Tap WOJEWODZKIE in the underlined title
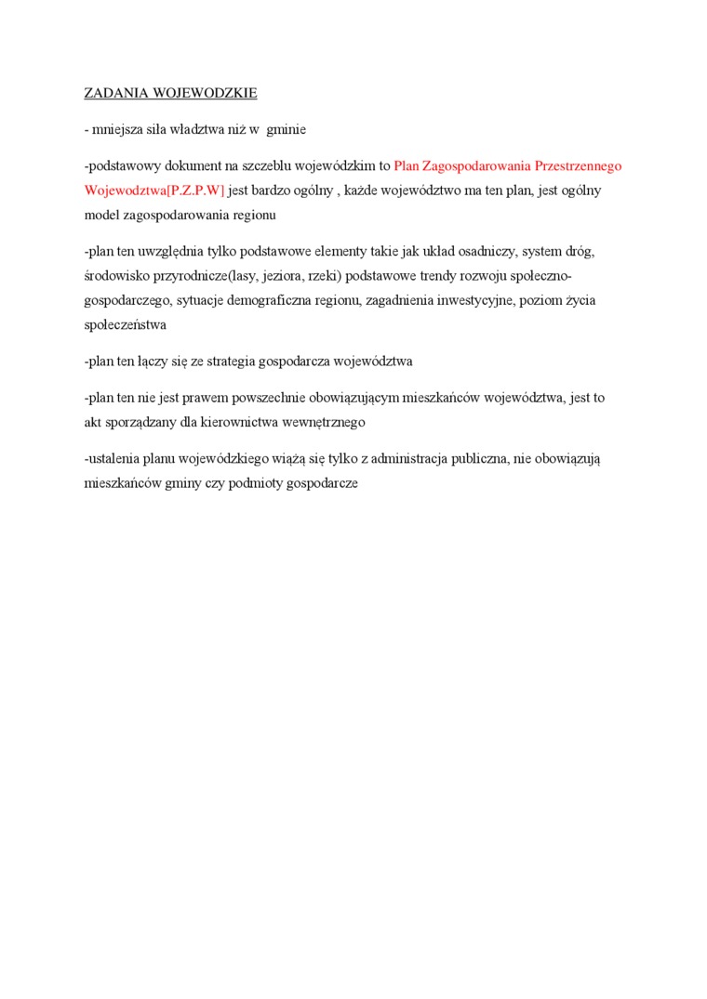click(x=204, y=94)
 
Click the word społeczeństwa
click(x=125, y=324)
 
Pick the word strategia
click(x=233, y=361)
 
